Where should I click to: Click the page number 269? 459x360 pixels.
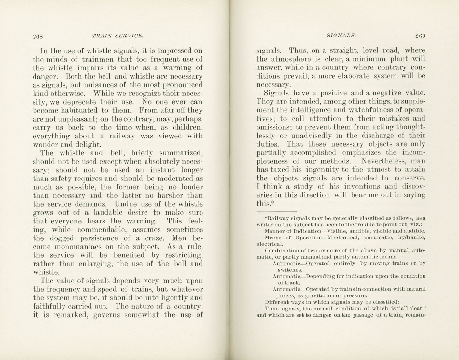420,36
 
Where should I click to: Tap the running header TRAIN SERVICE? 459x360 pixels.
118,36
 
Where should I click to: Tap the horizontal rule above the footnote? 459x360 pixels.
277,212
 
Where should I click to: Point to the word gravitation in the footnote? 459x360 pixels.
320,296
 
